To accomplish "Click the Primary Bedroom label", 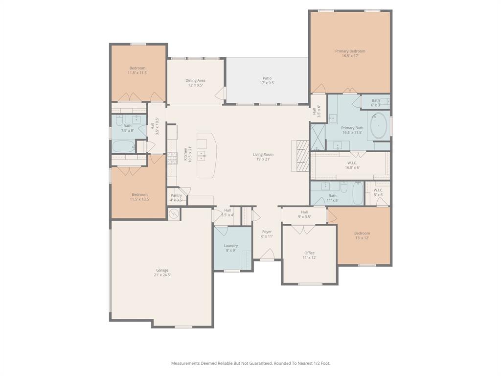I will point(350,51).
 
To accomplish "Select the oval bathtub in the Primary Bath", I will point(380,126).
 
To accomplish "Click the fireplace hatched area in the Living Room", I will point(302,156).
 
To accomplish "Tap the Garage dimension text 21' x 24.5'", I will point(162,275).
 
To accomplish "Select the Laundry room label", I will point(230,246).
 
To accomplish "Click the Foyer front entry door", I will point(267,255).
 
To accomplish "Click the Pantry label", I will point(176,195).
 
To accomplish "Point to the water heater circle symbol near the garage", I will point(174,214).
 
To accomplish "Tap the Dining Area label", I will point(195,80).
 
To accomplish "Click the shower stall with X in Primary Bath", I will point(317,137).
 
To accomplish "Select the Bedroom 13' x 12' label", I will point(362,233).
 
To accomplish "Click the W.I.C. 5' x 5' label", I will point(378,190).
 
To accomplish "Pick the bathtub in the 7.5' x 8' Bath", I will point(123,146).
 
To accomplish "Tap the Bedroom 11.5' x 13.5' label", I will point(139,194).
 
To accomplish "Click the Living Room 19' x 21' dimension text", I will point(263,159).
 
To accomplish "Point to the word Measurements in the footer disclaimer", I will point(186,363).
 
